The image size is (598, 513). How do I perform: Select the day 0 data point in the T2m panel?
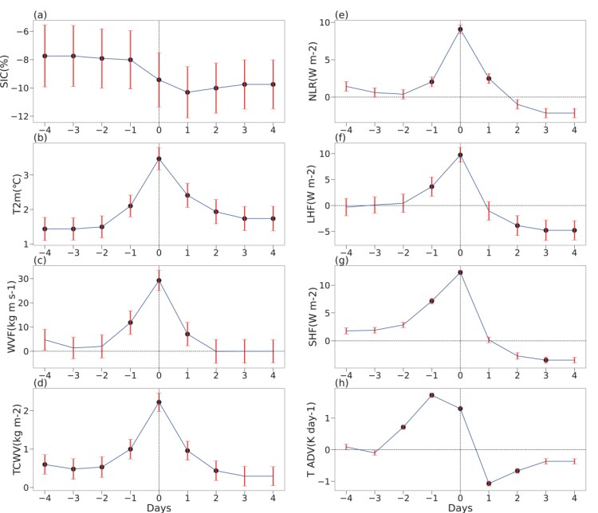[x=159, y=159]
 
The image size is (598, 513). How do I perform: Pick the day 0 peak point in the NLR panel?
[x=460, y=29]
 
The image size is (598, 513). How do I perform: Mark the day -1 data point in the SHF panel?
[x=431, y=300]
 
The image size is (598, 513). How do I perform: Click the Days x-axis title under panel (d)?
[x=159, y=507]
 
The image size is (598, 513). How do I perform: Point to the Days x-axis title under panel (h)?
[x=460, y=507]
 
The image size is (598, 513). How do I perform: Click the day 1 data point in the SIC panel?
[x=187, y=92]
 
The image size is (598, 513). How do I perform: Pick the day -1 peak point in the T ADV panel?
[x=431, y=395]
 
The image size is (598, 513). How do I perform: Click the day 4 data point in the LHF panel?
[x=574, y=230]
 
